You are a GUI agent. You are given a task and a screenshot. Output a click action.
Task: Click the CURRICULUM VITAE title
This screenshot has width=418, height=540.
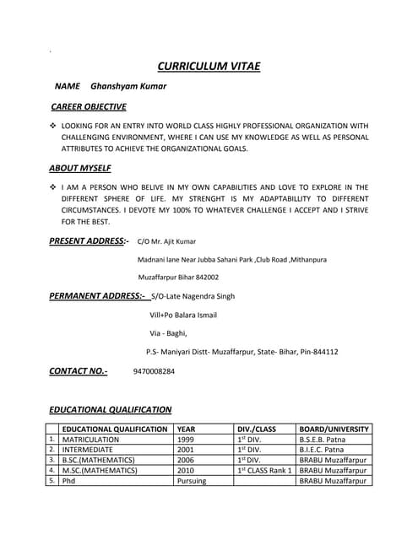209,67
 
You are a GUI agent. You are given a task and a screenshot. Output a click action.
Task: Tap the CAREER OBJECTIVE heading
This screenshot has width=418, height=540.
89,107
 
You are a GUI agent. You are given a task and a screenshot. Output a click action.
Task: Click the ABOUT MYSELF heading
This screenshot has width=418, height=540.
80,168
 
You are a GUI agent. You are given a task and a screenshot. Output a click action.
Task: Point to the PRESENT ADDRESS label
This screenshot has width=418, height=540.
89,241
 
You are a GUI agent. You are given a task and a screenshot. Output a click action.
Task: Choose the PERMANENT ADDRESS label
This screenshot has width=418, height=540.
98,296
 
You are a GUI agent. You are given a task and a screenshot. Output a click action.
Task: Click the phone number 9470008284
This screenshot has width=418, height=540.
154,371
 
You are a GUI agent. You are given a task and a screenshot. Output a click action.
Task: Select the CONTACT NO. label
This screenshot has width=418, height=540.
79,370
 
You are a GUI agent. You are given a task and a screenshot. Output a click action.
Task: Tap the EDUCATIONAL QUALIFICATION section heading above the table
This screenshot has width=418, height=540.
110,410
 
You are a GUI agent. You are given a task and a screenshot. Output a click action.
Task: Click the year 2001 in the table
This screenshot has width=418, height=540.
186,450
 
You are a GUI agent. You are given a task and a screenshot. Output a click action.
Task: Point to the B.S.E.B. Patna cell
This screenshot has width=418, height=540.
323,440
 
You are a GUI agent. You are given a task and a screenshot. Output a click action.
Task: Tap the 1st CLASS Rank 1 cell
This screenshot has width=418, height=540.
264,470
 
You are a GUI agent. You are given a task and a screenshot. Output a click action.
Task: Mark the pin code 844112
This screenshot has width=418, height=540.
323,352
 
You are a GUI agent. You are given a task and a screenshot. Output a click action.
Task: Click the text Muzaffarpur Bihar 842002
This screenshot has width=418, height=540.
178,277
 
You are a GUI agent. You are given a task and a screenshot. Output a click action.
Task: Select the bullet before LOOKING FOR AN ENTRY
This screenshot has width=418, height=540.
53,126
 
